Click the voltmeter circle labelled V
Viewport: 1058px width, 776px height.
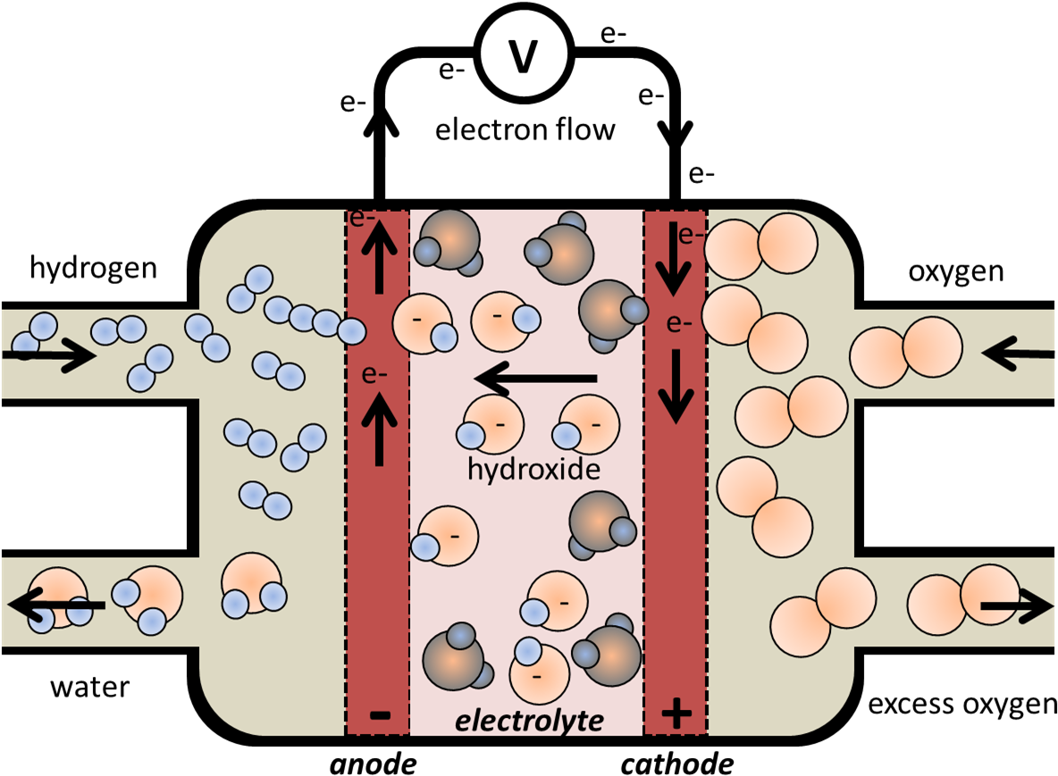[x=524, y=54]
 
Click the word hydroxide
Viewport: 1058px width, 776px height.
[x=533, y=469]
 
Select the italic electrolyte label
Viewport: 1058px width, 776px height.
[x=529, y=720]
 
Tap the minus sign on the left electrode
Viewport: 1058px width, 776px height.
[x=379, y=714]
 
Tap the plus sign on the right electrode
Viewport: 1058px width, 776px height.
[x=676, y=713]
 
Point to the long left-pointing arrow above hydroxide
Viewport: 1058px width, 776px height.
[x=536, y=380]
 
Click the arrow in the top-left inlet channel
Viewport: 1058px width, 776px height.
[x=49, y=356]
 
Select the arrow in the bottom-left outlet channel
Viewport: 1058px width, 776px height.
[x=56, y=605]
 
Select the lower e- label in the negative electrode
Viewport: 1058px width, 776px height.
[x=374, y=375]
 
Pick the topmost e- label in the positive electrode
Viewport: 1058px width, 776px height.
[x=691, y=235]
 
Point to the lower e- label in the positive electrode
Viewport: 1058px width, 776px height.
[x=679, y=324]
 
